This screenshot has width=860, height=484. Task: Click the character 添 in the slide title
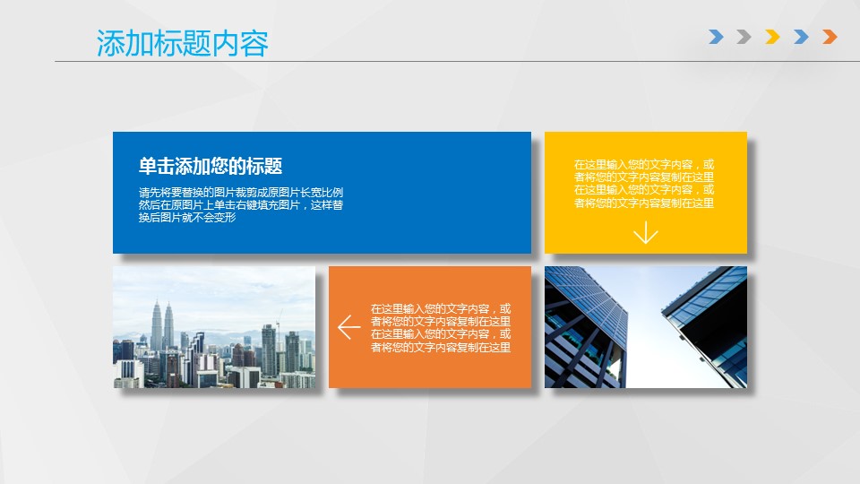(110, 43)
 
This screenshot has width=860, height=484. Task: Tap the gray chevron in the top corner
(744, 37)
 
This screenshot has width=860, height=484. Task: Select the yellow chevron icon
(772, 37)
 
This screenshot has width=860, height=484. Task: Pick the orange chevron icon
(830, 37)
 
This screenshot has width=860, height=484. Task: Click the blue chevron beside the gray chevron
(716, 37)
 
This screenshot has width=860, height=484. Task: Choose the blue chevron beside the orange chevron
(801, 37)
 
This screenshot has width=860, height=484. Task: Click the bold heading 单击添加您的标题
(210, 167)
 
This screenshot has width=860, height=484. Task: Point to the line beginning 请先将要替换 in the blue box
(241, 193)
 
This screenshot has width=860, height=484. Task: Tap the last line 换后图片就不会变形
(187, 218)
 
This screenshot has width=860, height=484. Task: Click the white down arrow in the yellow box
(646, 232)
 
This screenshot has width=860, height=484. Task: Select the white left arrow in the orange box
(348, 327)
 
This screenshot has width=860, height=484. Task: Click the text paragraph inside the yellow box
(644, 184)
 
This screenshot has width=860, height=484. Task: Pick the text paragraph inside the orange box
(441, 328)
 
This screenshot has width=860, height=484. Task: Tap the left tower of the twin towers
(156, 327)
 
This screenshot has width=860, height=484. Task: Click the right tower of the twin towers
(168, 328)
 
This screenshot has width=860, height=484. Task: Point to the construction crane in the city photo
(279, 324)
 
